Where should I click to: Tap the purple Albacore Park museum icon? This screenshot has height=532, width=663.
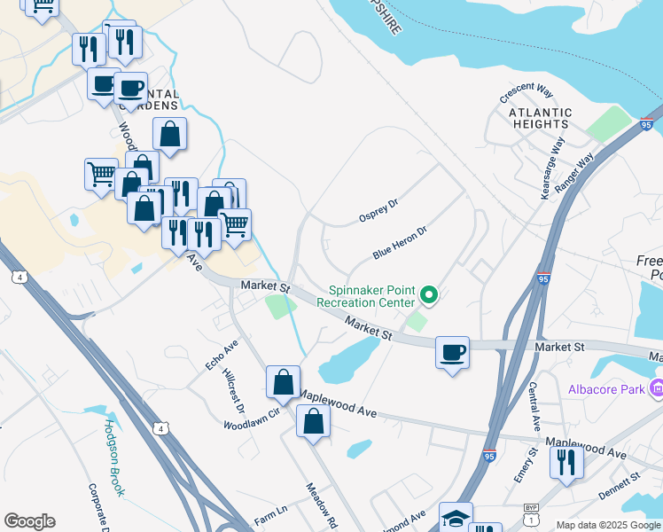coord(656,388)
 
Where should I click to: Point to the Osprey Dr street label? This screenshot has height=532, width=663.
coord(378,210)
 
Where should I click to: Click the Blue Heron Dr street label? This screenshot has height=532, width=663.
coord(400,242)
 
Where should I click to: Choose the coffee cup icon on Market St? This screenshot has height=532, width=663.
coord(452,353)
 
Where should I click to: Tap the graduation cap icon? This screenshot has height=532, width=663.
coord(456,518)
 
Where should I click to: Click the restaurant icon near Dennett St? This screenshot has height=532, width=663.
coord(565,461)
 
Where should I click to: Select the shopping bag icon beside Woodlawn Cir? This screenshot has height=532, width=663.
coord(283,383)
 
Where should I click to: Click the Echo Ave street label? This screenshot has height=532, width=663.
coord(222,355)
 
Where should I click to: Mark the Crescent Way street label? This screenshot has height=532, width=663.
coord(526,91)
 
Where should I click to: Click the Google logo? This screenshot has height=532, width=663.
coord(29,521)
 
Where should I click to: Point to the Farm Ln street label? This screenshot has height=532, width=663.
coord(271,513)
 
